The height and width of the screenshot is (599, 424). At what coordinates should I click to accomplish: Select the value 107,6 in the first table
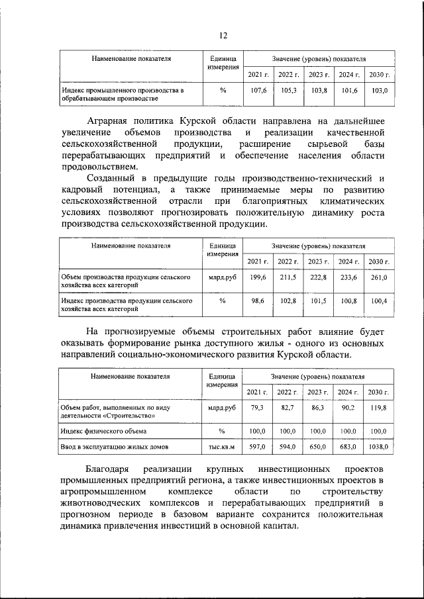coord(258,89)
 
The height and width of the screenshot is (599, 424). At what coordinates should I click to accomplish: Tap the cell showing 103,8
coord(318,89)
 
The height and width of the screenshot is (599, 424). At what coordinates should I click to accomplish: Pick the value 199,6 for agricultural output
coord(258,277)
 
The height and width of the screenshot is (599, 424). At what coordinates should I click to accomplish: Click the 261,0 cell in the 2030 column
coord(378,277)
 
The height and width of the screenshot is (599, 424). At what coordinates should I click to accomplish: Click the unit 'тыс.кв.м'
coord(222,448)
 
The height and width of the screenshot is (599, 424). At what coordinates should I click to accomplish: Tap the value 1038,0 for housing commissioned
coord(378,448)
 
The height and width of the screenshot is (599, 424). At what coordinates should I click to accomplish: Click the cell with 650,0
coord(318,448)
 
